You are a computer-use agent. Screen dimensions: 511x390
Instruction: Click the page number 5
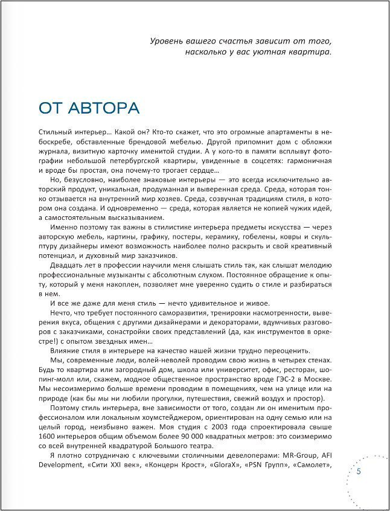click(x=359, y=471)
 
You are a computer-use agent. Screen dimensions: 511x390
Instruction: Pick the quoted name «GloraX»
click(x=211, y=466)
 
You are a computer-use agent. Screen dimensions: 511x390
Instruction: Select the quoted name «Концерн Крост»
click(x=159, y=466)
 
